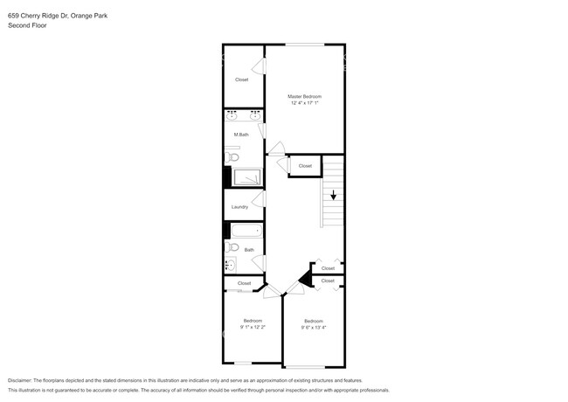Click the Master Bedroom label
coord(305,96)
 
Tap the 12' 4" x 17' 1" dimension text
coord(305,103)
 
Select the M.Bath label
coord(241,135)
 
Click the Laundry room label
coord(239,207)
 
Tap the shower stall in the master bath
coord(246,177)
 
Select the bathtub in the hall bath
coord(243,232)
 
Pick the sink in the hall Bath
coord(230,265)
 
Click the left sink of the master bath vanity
coord(231,115)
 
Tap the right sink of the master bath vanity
coord(254,115)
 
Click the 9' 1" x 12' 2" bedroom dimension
coord(253,327)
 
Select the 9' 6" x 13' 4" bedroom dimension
coord(313,328)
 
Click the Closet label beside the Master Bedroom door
coord(305,166)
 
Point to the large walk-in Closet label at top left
coord(241,80)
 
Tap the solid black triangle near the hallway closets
coord(306,279)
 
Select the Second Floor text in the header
coord(27,26)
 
